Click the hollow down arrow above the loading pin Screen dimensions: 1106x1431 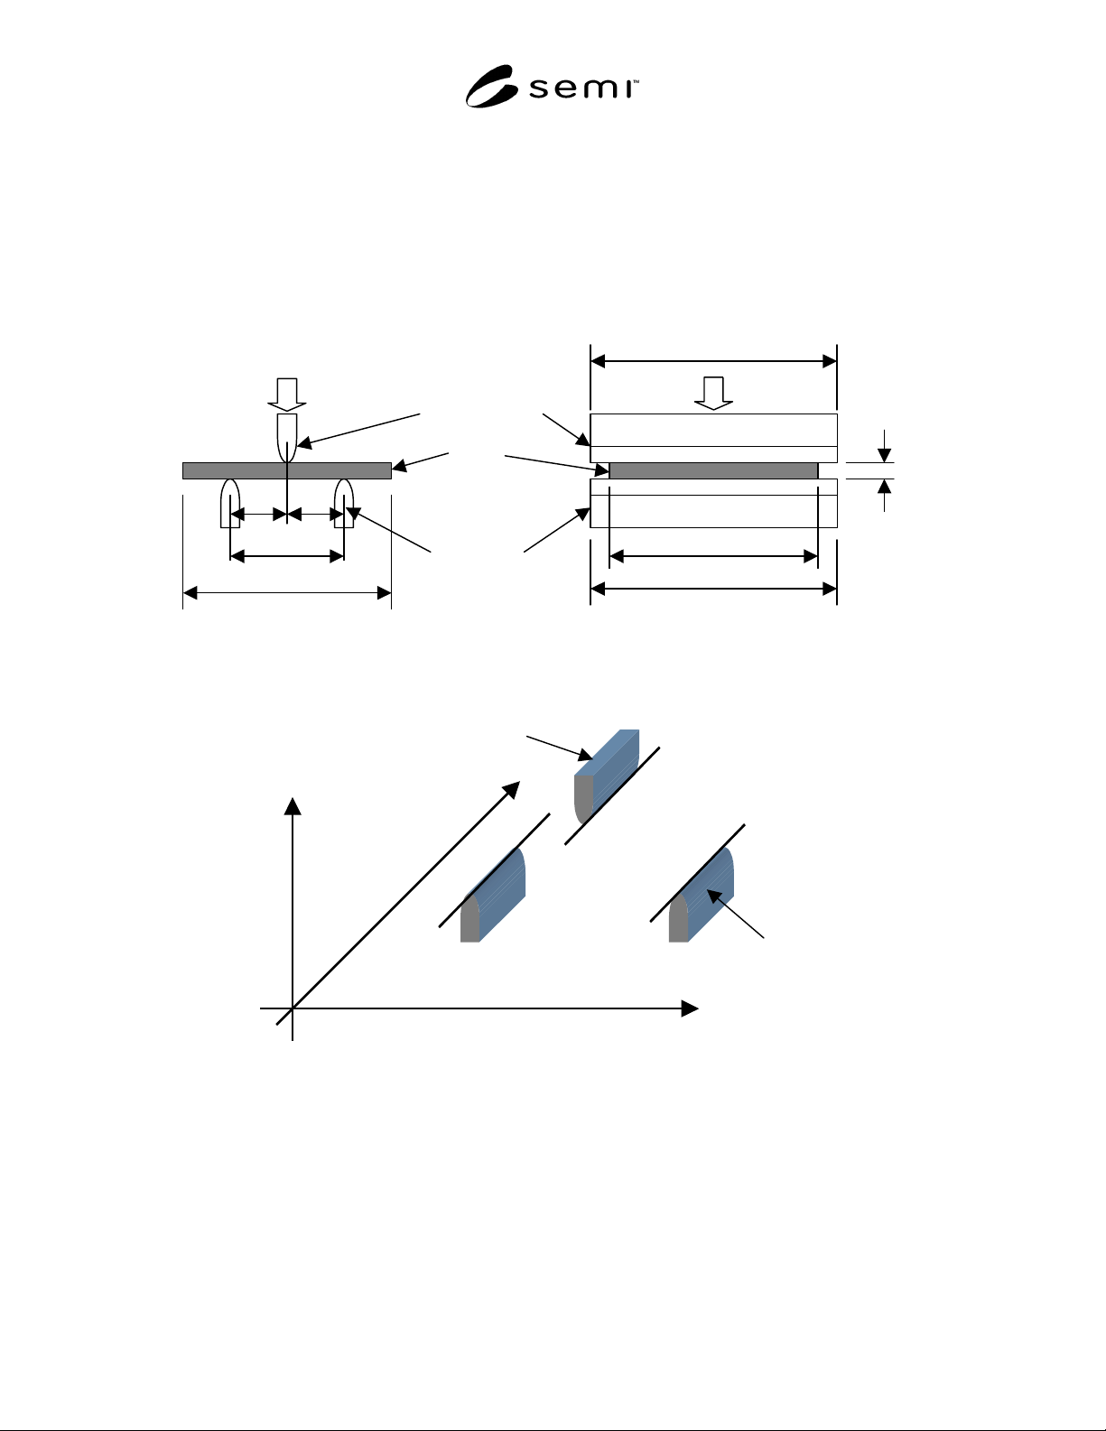tap(287, 395)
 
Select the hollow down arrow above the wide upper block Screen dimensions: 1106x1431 tap(713, 393)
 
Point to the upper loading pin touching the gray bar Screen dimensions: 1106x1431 tap(287, 438)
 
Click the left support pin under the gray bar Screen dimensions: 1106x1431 tap(229, 503)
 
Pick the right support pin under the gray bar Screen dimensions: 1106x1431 tap(344, 503)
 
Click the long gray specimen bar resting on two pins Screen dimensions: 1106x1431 tap(287, 471)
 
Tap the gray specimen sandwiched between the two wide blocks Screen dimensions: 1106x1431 tap(713, 471)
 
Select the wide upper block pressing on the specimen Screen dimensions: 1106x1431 tap(713, 438)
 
